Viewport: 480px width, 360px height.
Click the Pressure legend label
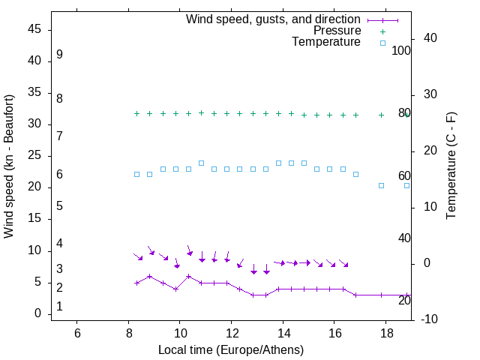coord(337,31)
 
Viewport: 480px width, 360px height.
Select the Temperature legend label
coord(325,43)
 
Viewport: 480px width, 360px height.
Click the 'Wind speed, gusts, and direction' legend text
coord(273,19)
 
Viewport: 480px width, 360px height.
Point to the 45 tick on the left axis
coord(34,29)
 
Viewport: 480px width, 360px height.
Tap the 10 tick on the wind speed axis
coord(34,250)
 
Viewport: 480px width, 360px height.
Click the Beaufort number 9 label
coord(59,55)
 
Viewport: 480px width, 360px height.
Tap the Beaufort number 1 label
coord(59,307)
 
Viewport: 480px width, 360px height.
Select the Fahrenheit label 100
coord(401,51)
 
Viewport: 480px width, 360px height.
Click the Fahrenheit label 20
coord(404,301)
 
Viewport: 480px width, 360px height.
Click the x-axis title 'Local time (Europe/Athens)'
coord(231,350)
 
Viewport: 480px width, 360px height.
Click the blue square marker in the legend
coord(382,43)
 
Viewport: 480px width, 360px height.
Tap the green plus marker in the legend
coord(382,31)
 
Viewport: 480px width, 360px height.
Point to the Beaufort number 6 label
coord(59,175)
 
